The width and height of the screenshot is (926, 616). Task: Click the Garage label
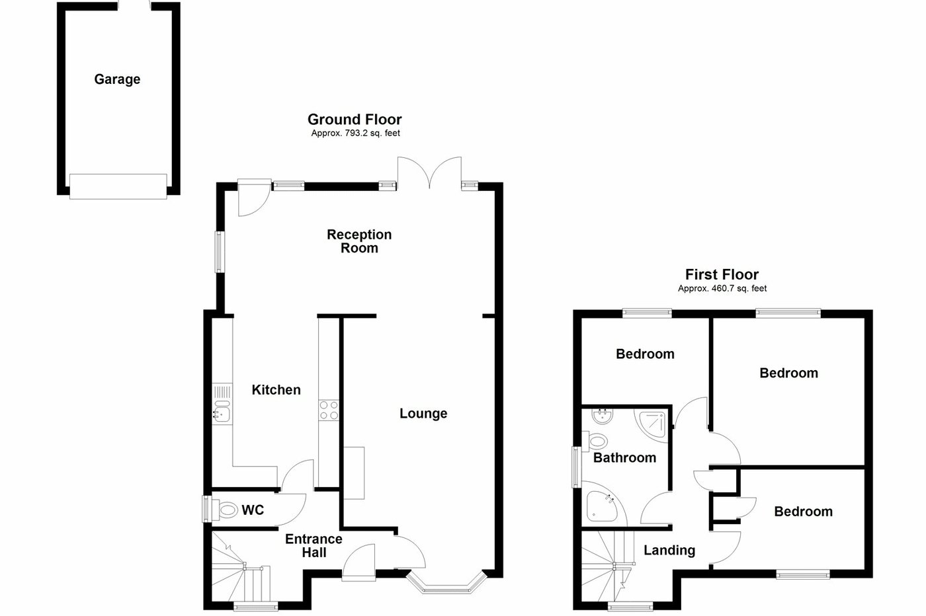click(117, 79)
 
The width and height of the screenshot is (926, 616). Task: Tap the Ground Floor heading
click(355, 119)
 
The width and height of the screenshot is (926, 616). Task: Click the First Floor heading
click(722, 274)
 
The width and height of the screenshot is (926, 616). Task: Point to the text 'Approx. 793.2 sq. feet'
click(355, 133)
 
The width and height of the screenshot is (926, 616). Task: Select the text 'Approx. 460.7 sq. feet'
click(722, 288)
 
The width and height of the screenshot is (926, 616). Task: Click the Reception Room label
click(359, 241)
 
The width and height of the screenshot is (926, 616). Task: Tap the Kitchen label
click(276, 390)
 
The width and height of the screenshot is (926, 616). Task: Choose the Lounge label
click(423, 414)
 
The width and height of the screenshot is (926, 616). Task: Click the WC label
click(253, 510)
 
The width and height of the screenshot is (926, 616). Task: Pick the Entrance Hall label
click(314, 546)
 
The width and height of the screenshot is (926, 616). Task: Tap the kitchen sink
click(222, 411)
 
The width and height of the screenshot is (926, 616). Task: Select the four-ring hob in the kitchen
click(329, 410)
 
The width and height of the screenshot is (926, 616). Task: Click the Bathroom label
click(624, 457)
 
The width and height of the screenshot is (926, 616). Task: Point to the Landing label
click(669, 550)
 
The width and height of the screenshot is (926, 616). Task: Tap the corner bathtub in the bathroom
click(603, 505)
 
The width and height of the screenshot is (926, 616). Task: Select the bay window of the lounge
click(446, 584)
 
